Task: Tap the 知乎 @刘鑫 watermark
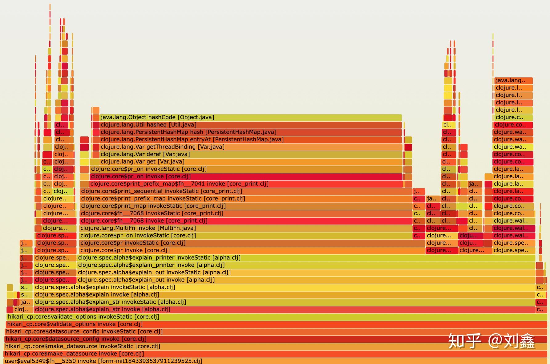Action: click(491, 341)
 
